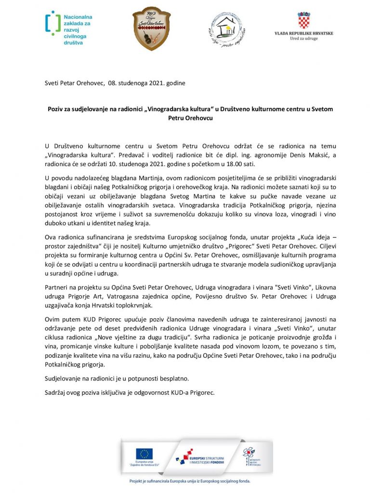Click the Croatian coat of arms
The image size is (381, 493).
[303, 20]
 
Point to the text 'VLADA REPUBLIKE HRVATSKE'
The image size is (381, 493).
[303, 33]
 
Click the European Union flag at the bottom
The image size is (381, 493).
[144, 454]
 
